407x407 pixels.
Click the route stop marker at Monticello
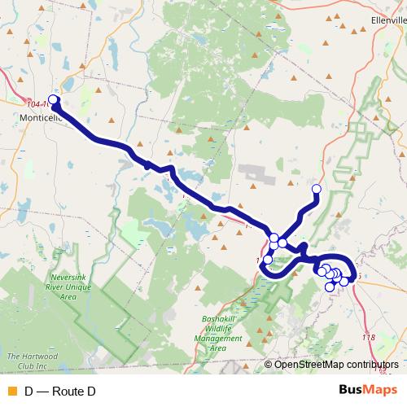pos(54,100)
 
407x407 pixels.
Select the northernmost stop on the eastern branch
pos(317,190)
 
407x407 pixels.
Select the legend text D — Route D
pos(60,392)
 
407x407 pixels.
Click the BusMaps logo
pos(368,391)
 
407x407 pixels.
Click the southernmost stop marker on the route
pos(330,287)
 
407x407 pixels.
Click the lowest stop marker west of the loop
pos(268,260)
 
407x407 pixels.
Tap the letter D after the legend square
pos(29,392)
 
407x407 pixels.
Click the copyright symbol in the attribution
pos(269,364)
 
